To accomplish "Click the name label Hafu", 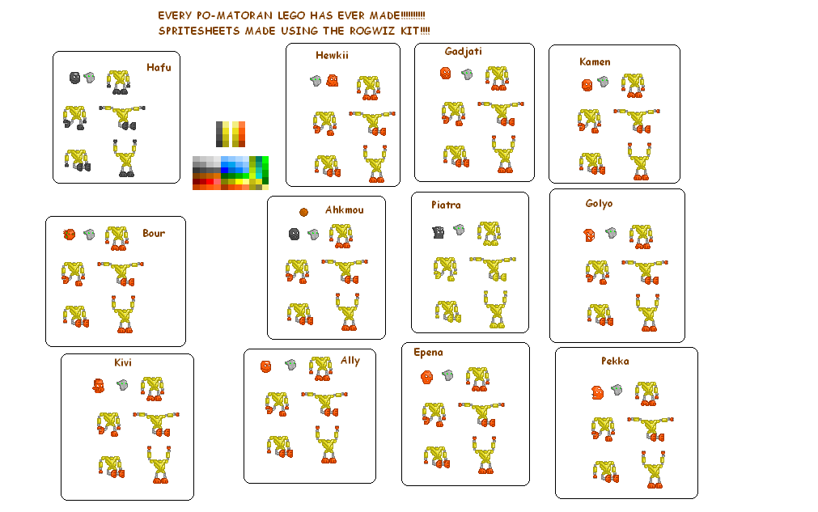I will pyautogui.click(x=159, y=68).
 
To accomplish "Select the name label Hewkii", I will pyautogui.click(x=332, y=56).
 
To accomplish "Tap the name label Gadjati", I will pyautogui.click(x=463, y=52).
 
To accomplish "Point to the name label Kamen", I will pyautogui.click(x=595, y=62).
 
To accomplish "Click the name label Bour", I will pyautogui.click(x=153, y=234).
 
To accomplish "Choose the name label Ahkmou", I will pyautogui.click(x=344, y=210).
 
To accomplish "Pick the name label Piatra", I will pyautogui.click(x=446, y=205).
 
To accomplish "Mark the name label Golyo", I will pyautogui.click(x=599, y=204).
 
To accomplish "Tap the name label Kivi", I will pyautogui.click(x=123, y=362).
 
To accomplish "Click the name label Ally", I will pyautogui.click(x=350, y=361).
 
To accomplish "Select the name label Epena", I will pyautogui.click(x=428, y=353).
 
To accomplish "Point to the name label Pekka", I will pyautogui.click(x=615, y=362).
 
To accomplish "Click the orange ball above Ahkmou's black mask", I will pyautogui.click(x=303, y=212).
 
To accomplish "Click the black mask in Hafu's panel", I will pyautogui.click(x=74, y=78).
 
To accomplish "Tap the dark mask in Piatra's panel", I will pyautogui.click(x=439, y=232).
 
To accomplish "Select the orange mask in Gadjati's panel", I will pyautogui.click(x=445, y=73).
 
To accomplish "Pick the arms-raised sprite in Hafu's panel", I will pyautogui.click(x=125, y=158).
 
